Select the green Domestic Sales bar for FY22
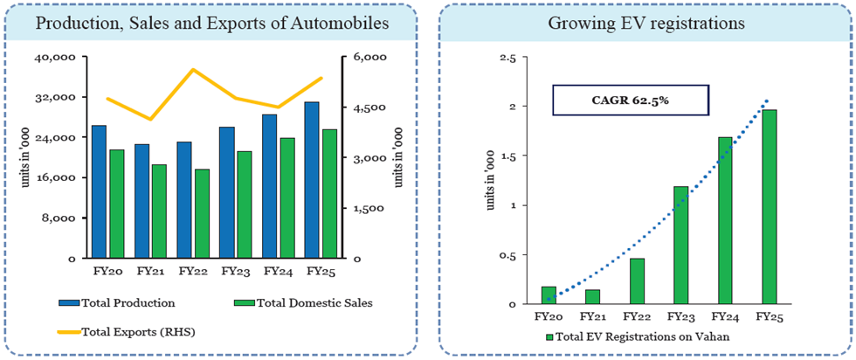tap(202, 214)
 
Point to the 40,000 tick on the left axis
tap(59, 58)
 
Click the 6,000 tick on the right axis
tap(369, 58)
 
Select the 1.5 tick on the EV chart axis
tap(506, 156)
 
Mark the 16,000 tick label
tap(59, 178)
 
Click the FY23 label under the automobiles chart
tap(235, 272)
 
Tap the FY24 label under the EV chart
tap(724, 317)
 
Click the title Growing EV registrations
tap(646, 24)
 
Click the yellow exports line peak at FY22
tap(193, 69)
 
